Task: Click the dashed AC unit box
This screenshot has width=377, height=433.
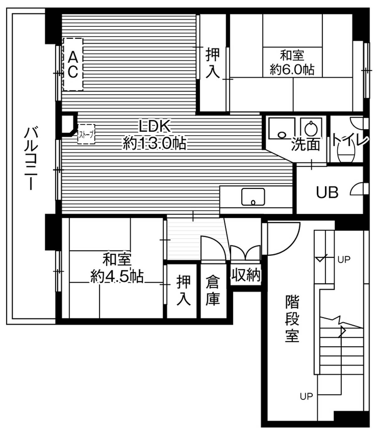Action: point(73,65)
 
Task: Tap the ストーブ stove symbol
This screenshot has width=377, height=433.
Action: point(86,134)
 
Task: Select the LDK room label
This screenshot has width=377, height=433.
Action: point(155,127)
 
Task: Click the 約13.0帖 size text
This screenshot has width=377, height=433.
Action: point(155,143)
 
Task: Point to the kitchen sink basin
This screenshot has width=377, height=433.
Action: point(253,197)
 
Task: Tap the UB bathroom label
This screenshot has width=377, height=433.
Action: point(327,192)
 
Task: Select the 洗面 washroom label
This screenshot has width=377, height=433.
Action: point(305,144)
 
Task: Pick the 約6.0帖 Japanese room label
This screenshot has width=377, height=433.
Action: point(292,69)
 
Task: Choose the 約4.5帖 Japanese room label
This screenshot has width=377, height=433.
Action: point(117,277)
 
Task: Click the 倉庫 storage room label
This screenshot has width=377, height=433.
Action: point(213,290)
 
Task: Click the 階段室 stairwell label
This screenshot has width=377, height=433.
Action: point(292,318)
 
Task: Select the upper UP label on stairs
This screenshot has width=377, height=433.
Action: point(344,260)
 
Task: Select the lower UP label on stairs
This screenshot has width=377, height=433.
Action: point(306,396)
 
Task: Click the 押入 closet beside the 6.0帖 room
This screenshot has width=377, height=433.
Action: point(213,63)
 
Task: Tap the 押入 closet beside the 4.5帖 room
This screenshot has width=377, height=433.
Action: point(183,290)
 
